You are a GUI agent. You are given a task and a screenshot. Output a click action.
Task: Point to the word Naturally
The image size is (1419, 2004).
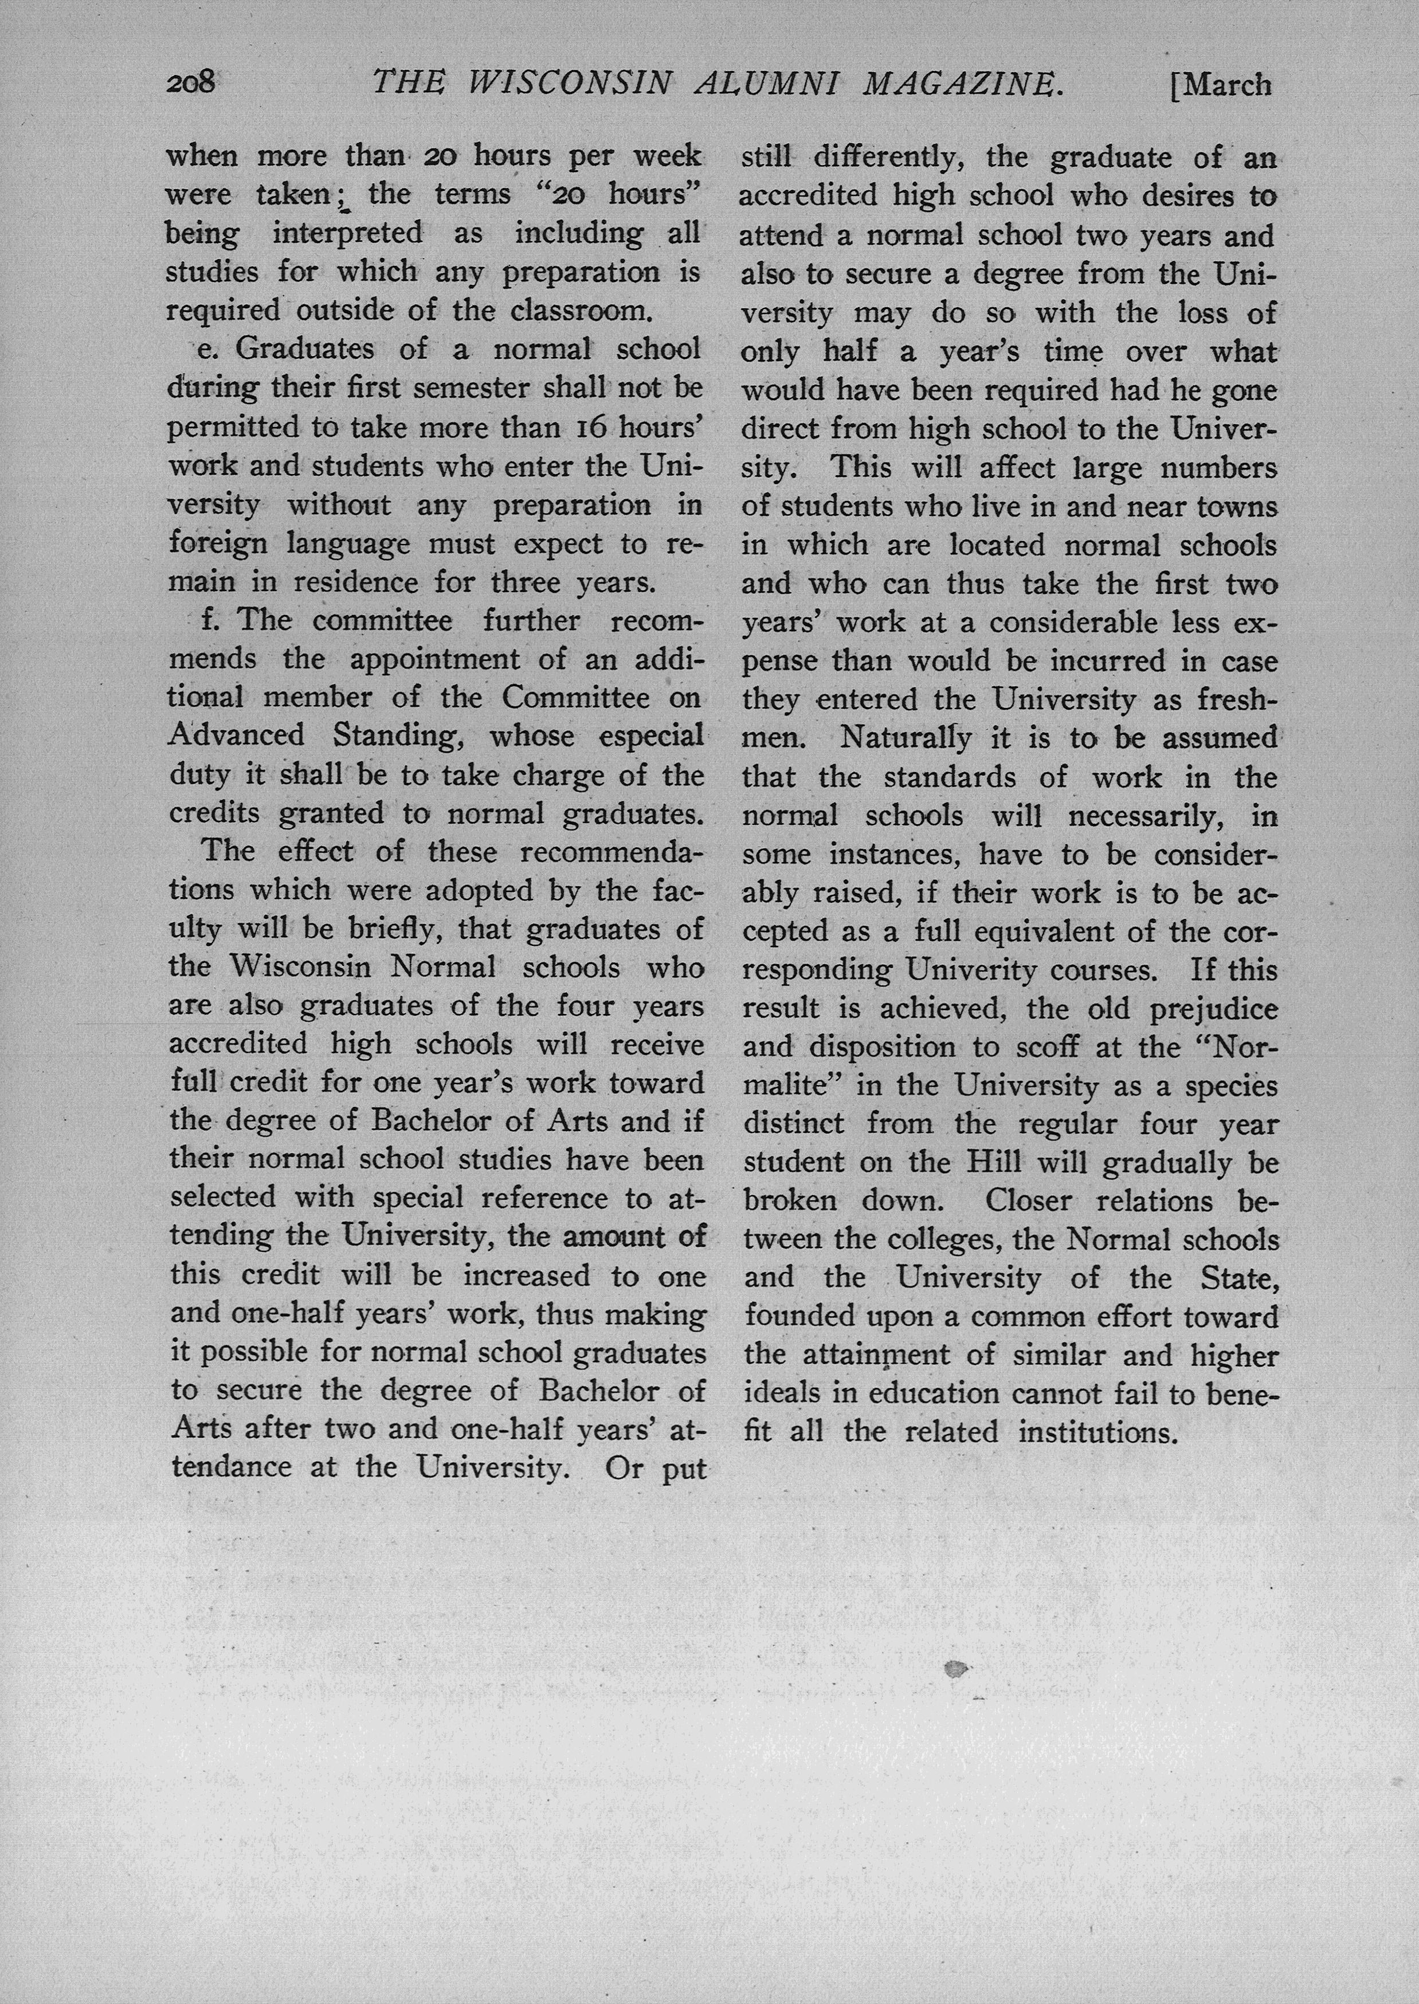point(906,738)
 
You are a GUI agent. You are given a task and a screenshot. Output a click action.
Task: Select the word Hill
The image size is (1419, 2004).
point(994,1163)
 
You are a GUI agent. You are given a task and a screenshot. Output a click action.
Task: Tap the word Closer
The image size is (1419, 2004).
point(1028,1201)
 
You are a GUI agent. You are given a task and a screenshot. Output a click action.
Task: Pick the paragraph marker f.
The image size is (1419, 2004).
point(209,620)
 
